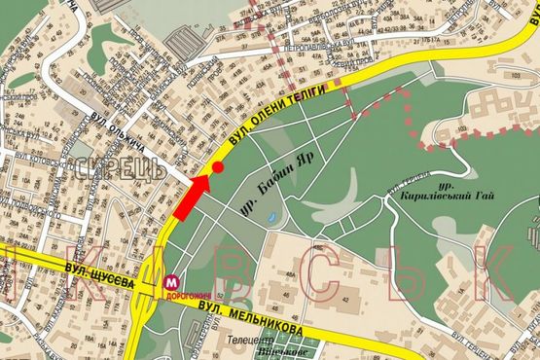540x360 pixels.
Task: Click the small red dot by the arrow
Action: coord(219,168)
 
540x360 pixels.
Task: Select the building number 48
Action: coord(290,270)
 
